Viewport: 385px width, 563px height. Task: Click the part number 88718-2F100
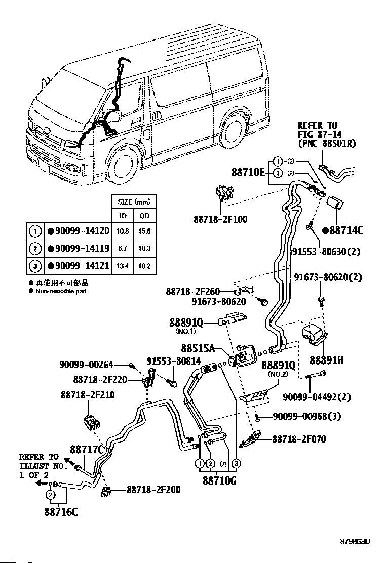221,219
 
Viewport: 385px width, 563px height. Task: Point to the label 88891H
326,360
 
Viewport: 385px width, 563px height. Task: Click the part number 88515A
199,348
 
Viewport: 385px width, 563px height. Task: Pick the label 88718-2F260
193,292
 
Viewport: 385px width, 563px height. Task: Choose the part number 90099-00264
86,364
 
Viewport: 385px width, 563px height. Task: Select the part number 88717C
87,449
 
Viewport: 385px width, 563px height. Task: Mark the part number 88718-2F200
153,490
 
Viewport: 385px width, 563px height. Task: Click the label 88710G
219,480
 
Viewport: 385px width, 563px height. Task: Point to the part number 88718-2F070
299,439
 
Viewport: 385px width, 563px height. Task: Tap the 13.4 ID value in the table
123,265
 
